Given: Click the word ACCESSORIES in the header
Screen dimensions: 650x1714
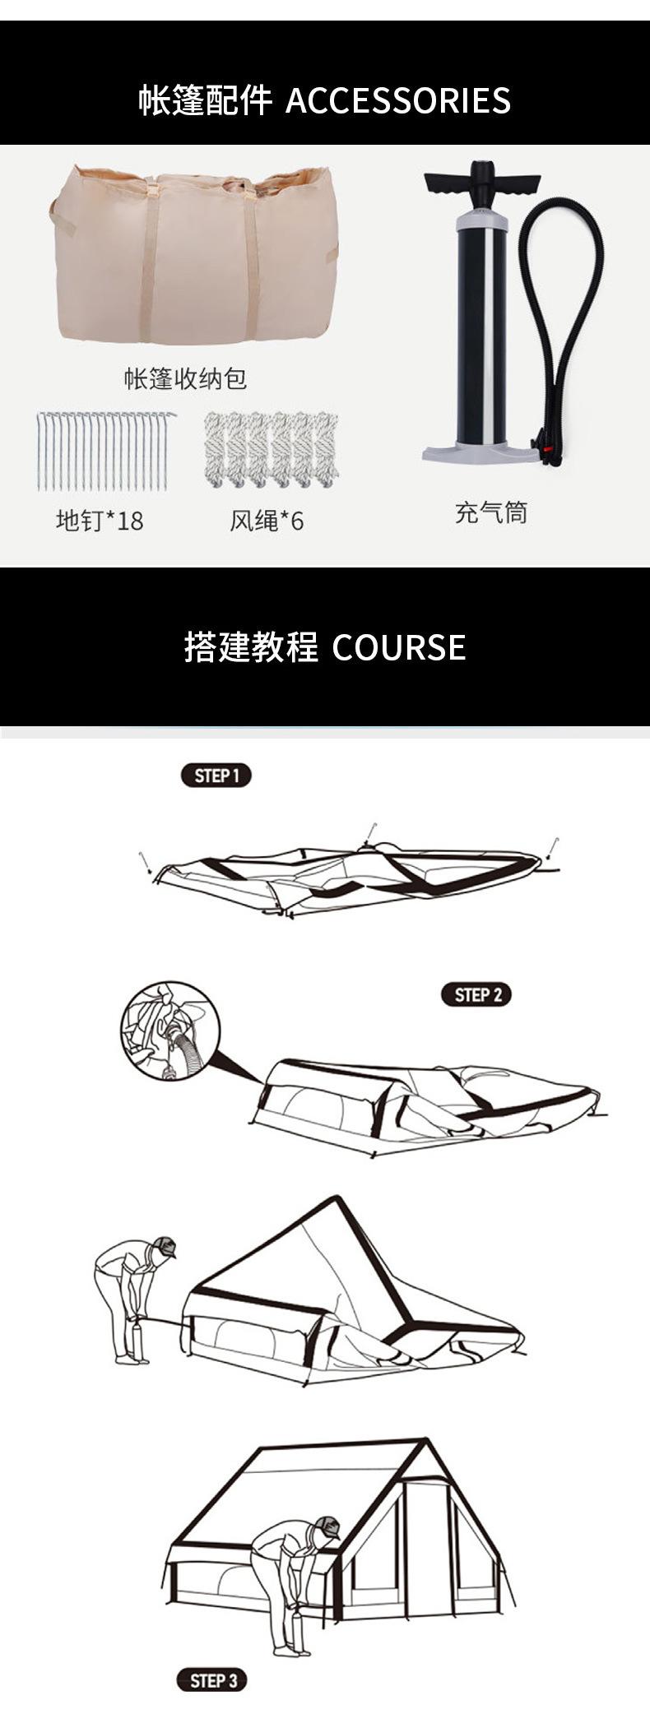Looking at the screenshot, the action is [x=397, y=101].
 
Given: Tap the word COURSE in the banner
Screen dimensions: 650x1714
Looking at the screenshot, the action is [x=399, y=647].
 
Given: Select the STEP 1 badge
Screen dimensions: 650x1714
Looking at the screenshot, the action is [x=216, y=775].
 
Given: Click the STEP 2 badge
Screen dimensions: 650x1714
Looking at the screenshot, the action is [x=476, y=994].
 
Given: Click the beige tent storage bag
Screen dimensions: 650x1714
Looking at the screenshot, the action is [x=193, y=256].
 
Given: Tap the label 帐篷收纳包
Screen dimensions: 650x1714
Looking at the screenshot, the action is [x=185, y=379].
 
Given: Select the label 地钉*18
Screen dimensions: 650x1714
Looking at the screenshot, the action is [x=100, y=520].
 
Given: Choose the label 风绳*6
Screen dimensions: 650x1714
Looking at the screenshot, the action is [x=267, y=521].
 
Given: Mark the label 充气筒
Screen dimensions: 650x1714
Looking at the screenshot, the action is [x=490, y=512].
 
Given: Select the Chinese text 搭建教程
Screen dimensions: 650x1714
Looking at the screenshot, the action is [x=251, y=647].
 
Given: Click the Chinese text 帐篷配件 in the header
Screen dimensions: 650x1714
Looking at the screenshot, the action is [x=205, y=101].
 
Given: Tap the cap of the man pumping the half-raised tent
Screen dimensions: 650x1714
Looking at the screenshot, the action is [x=165, y=1247].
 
